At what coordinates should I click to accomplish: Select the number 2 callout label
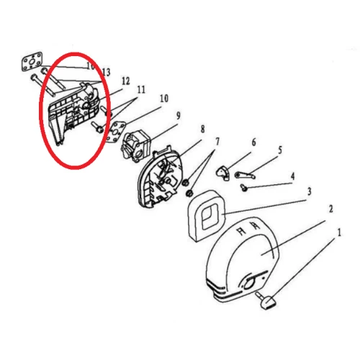point(330,209)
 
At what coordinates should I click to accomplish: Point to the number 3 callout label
point(309,192)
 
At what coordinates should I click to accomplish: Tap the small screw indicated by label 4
point(245,188)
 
